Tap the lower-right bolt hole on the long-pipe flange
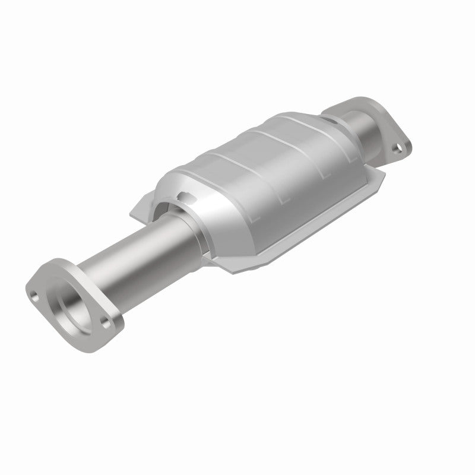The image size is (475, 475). tap(106, 324)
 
